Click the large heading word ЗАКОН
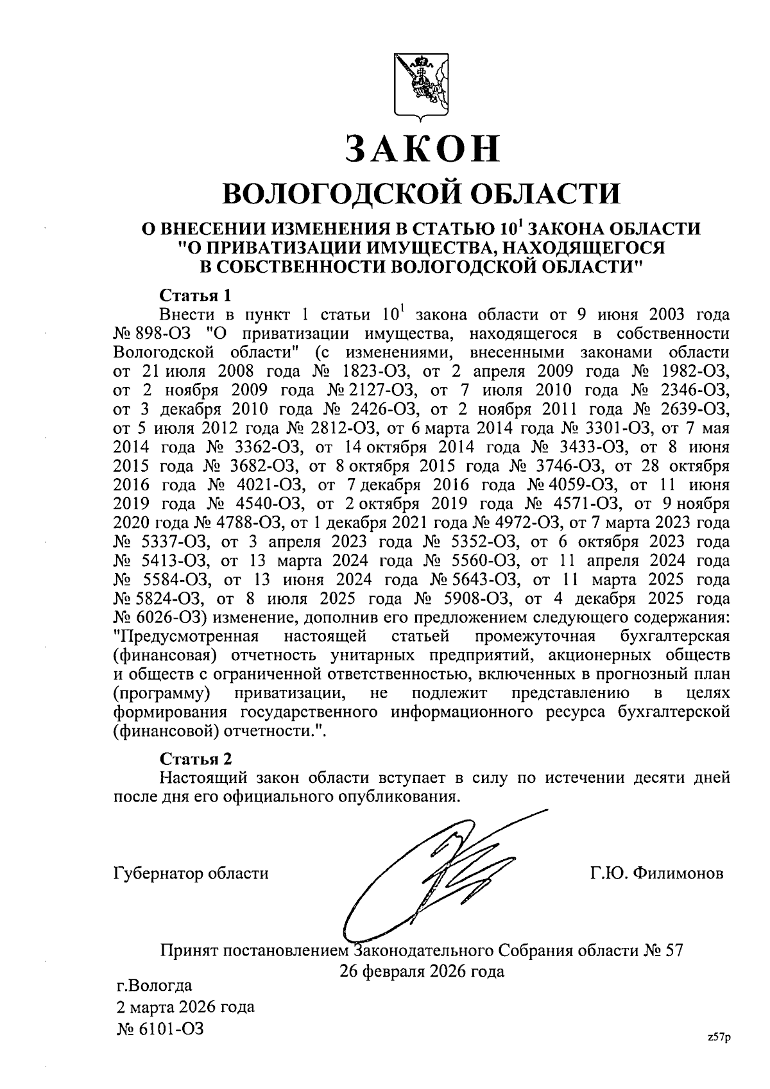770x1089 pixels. [422, 148]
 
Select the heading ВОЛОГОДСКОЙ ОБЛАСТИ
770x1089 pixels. [422, 192]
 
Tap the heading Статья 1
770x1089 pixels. [194, 296]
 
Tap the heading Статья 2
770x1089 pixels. [194, 759]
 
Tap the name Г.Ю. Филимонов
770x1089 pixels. [656, 873]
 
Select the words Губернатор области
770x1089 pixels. [191, 873]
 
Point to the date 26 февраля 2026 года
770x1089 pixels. [422, 971]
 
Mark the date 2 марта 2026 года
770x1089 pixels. [185, 1006]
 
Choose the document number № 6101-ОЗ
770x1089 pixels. [160, 1029]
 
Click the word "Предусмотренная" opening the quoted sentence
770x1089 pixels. [186, 637]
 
